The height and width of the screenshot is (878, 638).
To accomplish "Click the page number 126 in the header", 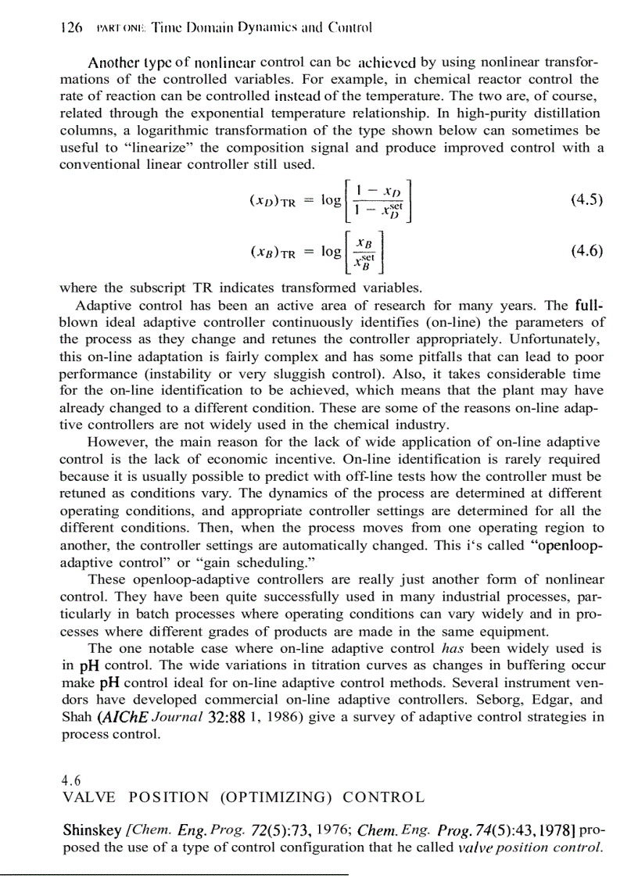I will pyautogui.click(x=71, y=26).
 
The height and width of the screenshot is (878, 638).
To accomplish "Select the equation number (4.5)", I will pyautogui.click(x=586, y=199).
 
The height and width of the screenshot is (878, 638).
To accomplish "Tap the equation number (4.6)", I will pyautogui.click(x=586, y=251).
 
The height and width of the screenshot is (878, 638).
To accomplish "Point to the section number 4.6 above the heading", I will pyautogui.click(x=70, y=779).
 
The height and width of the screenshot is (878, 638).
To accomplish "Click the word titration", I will pyautogui.click(x=335, y=665).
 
